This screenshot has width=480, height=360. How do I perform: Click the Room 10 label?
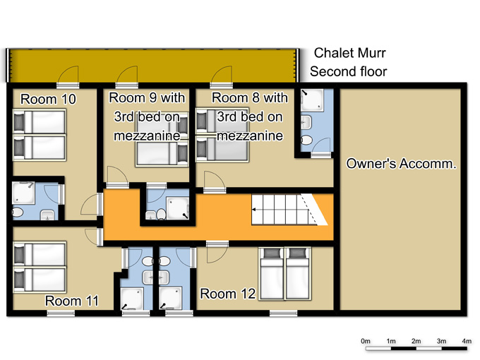pyautogui.click(x=48, y=100)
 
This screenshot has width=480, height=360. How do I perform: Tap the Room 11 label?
pyautogui.click(x=72, y=301)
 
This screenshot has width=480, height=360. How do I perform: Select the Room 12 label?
pyautogui.click(x=228, y=294)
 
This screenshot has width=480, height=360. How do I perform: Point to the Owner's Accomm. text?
pyautogui.click(x=401, y=164)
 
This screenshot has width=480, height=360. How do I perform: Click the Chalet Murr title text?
pyautogui.click(x=349, y=53)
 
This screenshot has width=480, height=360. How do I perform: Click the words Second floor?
pyautogui.click(x=349, y=71)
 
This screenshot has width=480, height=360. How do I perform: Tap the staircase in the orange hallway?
pyautogui.click(x=289, y=210)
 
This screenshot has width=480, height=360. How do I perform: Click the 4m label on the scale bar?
pyautogui.click(x=467, y=341)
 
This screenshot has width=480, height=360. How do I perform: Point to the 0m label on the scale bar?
pyautogui.click(x=366, y=341)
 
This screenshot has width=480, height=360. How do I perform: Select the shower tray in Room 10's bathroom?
pyautogui.click(x=23, y=193)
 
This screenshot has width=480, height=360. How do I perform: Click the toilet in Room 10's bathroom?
pyautogui.click(x=18, y=212)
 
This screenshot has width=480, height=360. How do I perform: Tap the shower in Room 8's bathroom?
pyautogui.click(x=312, y=100)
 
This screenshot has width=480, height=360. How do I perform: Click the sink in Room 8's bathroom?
pyautogui.click(x=306, y=122)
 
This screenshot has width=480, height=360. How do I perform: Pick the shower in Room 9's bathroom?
pyautogui.click(x=178, y=208)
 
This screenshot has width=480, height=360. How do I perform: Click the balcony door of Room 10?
pyautogui.click(x=68, y=76)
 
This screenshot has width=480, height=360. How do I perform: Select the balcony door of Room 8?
pyautogui.click(x=222, y=76)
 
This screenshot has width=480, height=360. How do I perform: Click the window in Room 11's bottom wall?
pyautogui.click(x=61, y=313)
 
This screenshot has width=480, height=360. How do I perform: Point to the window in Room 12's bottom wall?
pyautogui.click(x=284, y=313)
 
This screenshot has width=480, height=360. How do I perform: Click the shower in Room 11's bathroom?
pyautogui.click(x=132, y=299)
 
